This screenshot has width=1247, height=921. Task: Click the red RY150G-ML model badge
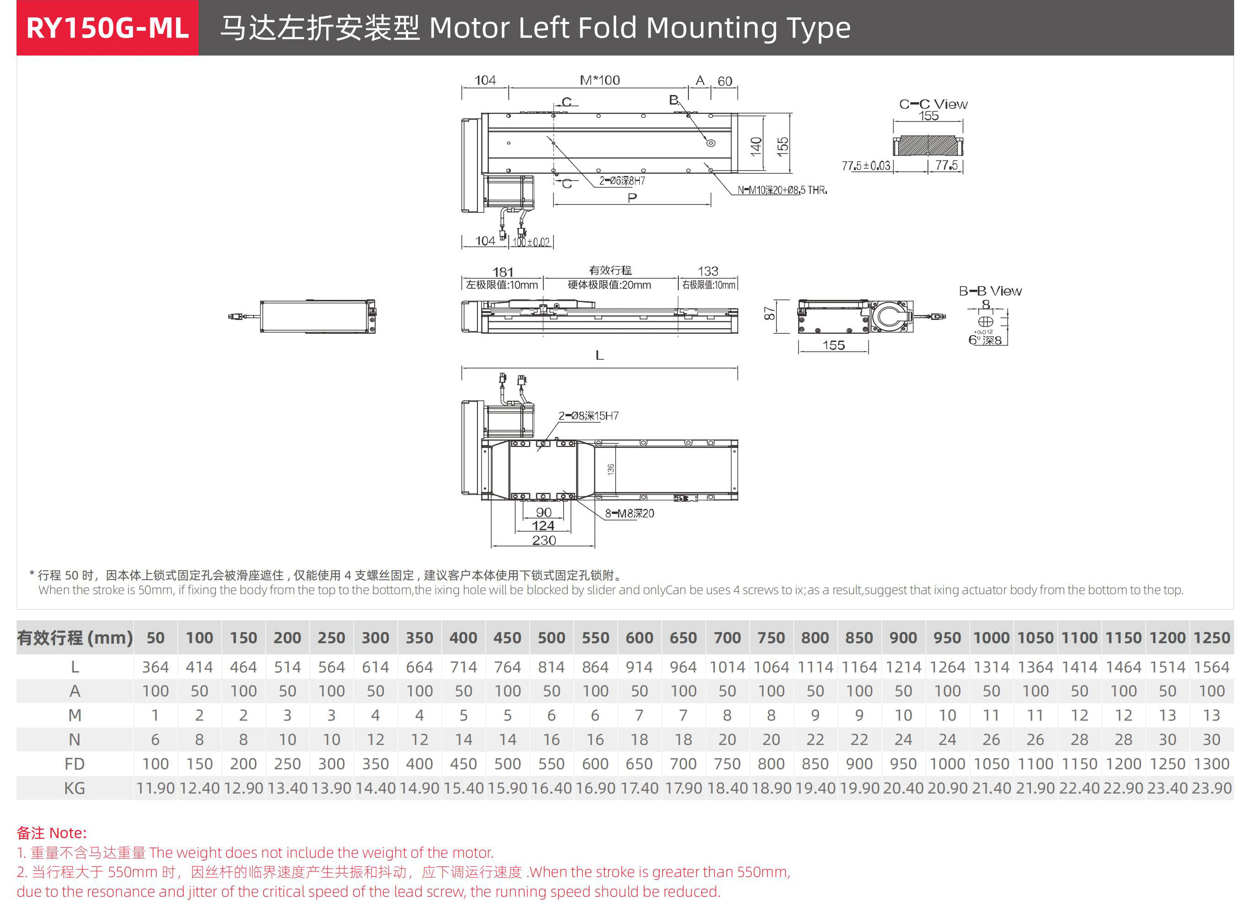coord(107,28)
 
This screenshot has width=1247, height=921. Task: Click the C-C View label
coord(933,104)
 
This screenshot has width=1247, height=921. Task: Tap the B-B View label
coord(990,291)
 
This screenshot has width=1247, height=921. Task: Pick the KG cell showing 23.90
coord(1211,789)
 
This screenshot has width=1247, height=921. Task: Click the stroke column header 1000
coord(991,638)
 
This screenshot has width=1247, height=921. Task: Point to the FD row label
coord(74,764)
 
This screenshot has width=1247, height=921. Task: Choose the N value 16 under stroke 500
coord(551,740)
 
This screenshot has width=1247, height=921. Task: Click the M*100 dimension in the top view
coord(599,80)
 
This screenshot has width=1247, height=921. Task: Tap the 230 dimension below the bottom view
coord(544,540)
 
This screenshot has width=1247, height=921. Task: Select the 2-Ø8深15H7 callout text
coord(588,416)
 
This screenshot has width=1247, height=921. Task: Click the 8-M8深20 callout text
coord(629,513)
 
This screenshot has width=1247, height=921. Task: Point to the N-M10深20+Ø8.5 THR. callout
coord(782,191)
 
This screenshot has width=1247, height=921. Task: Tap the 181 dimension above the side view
coord(503,272)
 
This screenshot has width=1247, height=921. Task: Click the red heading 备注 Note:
coord(52,833)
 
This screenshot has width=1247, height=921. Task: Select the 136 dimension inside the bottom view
coord(611,469)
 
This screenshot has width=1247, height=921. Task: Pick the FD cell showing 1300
coord(1211,764)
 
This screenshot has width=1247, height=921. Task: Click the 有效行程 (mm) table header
coord(75,638)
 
